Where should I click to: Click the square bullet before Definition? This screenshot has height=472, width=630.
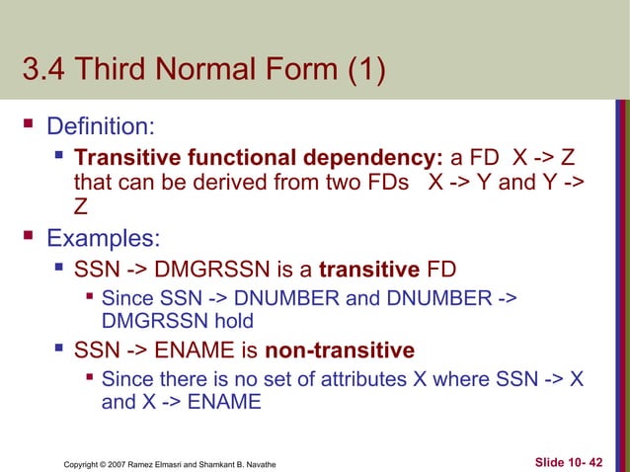(x=29, y=126)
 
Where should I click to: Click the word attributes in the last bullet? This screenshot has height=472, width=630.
(x=347, y=378)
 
